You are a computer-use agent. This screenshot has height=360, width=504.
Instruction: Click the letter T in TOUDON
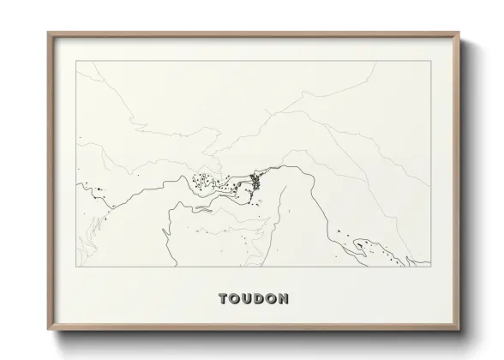coord(224,299)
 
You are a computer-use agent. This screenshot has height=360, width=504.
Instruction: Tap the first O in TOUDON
coord(236,299)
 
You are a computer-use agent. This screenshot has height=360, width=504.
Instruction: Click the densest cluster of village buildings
coord(255,179)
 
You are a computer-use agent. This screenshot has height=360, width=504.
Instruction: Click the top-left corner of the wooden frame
coord(48,33)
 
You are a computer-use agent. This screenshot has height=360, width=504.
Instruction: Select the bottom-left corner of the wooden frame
coord(48,331)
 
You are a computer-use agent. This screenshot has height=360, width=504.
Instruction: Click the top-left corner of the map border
coord(76,61)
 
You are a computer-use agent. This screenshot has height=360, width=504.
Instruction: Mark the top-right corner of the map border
coord(429,61)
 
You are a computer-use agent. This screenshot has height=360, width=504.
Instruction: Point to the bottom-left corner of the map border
coord(76,267)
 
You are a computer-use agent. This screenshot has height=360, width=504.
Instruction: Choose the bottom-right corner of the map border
coord(429,267)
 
